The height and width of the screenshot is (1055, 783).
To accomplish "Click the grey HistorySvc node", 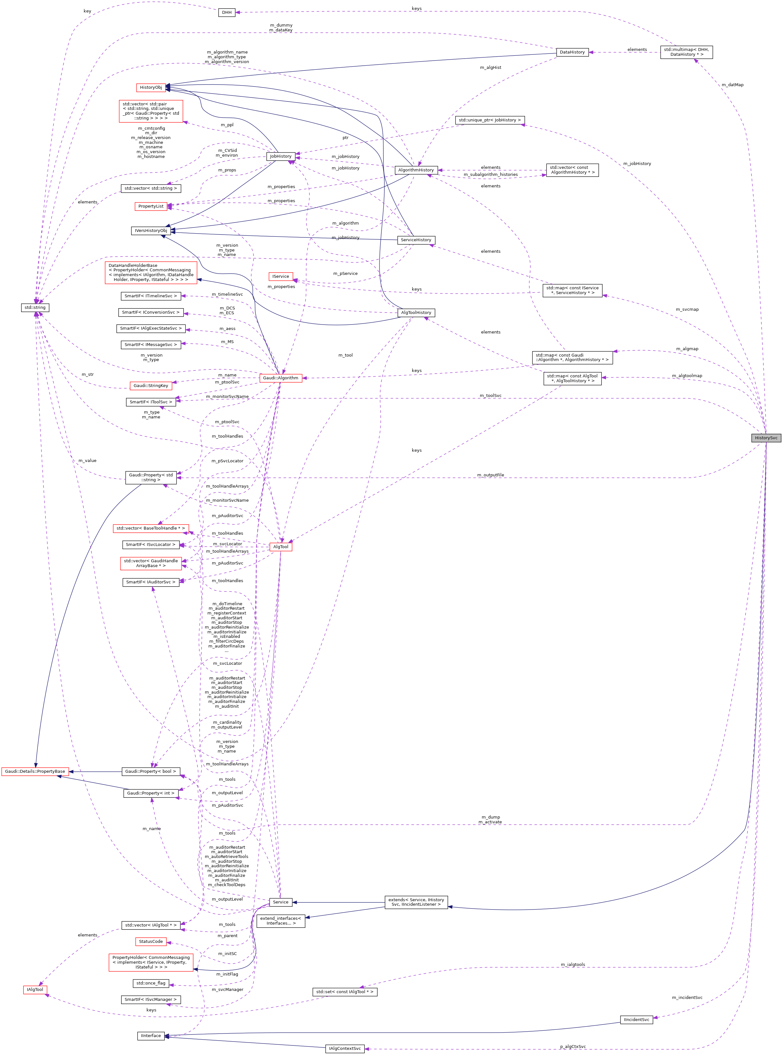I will pos(766,438).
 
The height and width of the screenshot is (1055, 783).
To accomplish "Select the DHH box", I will pos(227,12).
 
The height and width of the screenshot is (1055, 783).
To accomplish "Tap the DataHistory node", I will pos(572,52).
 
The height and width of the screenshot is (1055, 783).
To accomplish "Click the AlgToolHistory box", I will pos(416,313).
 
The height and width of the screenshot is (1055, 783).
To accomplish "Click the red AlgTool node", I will pos(280,547).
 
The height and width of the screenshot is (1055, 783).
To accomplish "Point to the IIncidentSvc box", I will pos(636,1019).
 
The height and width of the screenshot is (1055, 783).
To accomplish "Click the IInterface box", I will pos(151,1035).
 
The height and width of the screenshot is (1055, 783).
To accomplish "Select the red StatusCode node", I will pos(151,941).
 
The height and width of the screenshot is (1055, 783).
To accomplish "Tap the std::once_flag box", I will pos(151,983).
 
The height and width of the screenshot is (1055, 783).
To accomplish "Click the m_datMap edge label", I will pos(732,85).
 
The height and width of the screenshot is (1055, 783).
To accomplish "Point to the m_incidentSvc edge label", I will pos(687,998).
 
